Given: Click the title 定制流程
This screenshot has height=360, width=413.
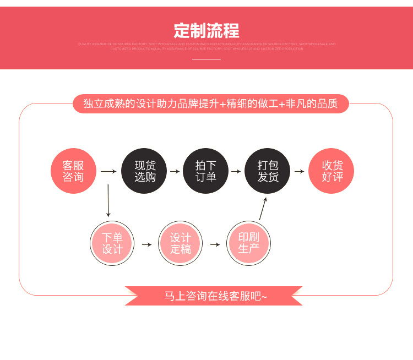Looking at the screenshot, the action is click(206, 30).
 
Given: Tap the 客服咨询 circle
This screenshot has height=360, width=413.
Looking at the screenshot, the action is click(73, 171).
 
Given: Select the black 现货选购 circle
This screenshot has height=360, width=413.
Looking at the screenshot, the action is click(145, 171).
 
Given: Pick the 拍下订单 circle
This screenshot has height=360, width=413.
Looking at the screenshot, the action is click(205, 171).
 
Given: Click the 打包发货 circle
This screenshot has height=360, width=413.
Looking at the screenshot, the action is click(268, 171).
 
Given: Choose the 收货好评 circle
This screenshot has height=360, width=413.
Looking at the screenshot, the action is click(332, 171).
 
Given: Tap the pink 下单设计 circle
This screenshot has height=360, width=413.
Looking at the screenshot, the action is click(112, 243).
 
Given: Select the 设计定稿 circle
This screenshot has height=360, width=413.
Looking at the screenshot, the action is click(181, 243).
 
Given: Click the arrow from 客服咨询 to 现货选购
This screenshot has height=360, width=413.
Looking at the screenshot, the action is click(108, 171).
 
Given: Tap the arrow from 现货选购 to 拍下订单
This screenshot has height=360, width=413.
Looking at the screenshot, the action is click(175, 171).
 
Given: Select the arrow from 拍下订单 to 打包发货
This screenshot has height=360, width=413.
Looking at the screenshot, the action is click(236, 171).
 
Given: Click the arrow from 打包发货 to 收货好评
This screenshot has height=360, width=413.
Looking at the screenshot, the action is click(299, 171).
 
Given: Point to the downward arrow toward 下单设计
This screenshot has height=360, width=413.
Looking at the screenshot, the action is click(108, 201).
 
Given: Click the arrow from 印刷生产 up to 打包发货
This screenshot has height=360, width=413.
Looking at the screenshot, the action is click(263, 208).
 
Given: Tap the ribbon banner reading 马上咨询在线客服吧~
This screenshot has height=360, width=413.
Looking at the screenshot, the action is click(214, 296).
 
